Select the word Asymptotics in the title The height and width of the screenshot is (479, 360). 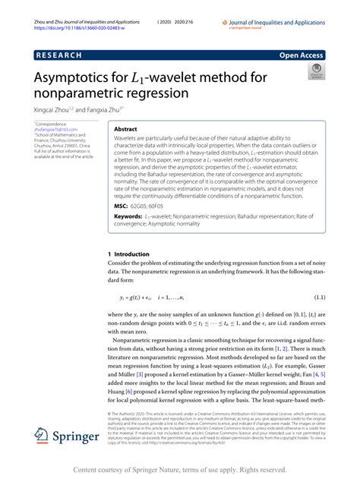click(74, 78)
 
